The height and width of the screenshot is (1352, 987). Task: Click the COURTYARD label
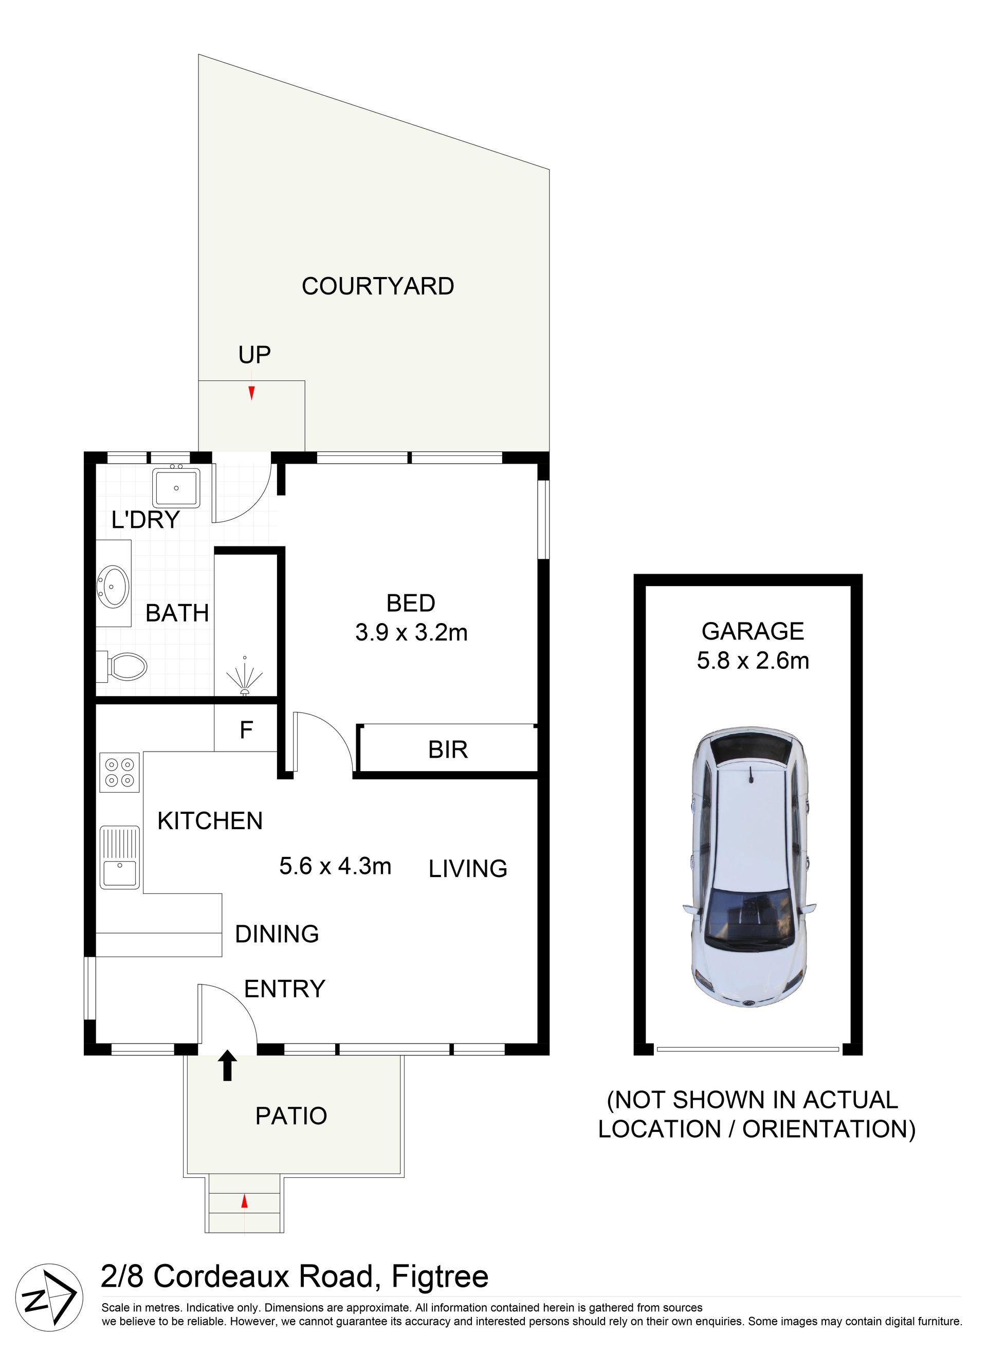(378, 286)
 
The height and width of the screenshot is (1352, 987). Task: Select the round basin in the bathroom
(113, 583)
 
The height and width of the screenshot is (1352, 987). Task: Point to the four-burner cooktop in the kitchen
(119, 772)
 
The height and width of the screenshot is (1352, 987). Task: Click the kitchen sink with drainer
(119, 858)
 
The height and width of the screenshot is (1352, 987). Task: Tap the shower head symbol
(244, 675)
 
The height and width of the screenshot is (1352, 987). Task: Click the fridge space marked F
(246, 729)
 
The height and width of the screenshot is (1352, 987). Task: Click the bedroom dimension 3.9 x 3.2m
(411, 633)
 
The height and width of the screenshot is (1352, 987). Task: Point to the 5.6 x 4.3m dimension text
(335, 866)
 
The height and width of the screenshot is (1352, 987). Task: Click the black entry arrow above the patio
(227, 1065)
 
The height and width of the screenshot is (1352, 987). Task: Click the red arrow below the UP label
(251, 393)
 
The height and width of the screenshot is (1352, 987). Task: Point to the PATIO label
(291, 1116)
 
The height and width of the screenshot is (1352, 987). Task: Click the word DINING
(277, 934)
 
